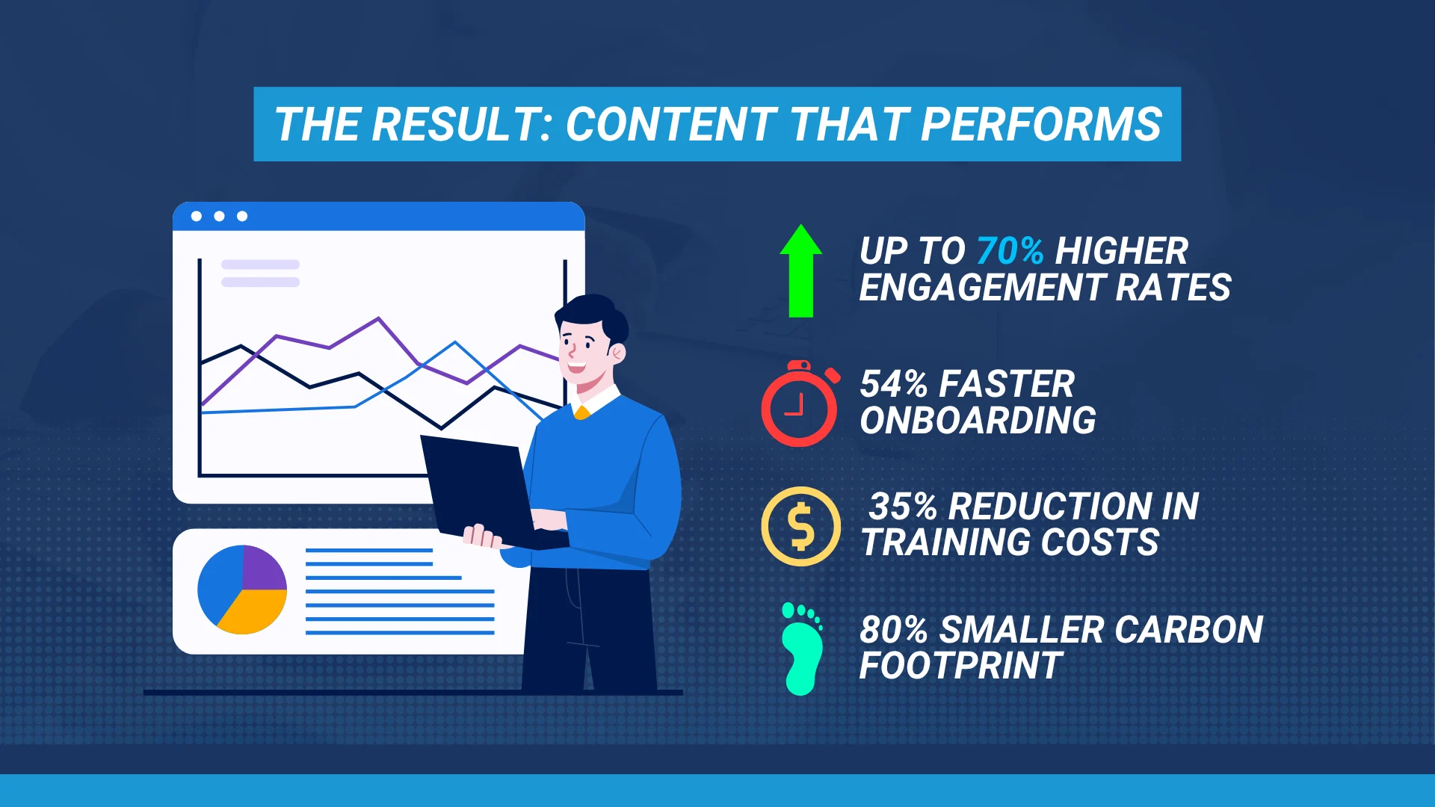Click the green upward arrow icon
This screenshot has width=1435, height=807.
tap(800, 270)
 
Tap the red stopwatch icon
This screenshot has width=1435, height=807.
tap(800, 403)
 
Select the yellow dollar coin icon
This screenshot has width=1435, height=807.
tap(800, 526)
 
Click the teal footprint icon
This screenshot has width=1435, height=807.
tap(801, 649)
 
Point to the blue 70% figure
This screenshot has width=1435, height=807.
tap(1010, 251)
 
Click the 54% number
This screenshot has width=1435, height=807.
tap(893, 384)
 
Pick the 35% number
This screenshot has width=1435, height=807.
tap(903, 507)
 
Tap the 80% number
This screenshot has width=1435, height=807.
tap(893, 630)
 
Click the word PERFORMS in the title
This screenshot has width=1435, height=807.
tap(1041, 124)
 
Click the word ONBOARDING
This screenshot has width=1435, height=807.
tap(978, 421)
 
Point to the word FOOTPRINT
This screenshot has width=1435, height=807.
tap(960, 666)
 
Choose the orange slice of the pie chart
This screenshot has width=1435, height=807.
tap(253, 610)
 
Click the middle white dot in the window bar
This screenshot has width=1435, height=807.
tap(219, 216)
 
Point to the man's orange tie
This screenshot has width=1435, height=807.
tap(581, 412)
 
